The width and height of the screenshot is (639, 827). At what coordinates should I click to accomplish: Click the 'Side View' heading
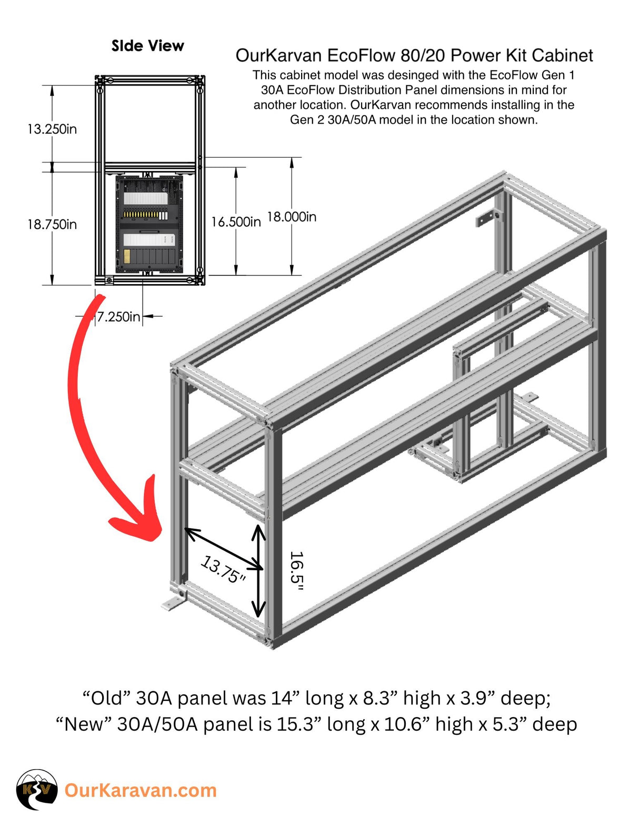click(147, 46)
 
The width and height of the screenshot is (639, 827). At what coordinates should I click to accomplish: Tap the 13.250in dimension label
click(52, 129)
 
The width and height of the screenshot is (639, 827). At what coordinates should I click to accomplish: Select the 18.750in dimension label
click(52, 224)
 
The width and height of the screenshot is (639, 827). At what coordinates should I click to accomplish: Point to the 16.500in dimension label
click(236, 222)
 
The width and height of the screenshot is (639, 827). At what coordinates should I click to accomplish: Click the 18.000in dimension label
click(292, 217)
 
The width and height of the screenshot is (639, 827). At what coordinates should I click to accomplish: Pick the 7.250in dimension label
click(118, 316)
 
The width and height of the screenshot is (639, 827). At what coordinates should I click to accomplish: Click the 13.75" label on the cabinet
click(224, 570)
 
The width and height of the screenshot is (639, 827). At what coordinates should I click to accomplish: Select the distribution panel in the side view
click(149, 224)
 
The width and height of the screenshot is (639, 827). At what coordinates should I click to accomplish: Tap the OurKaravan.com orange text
click(141, 790)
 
